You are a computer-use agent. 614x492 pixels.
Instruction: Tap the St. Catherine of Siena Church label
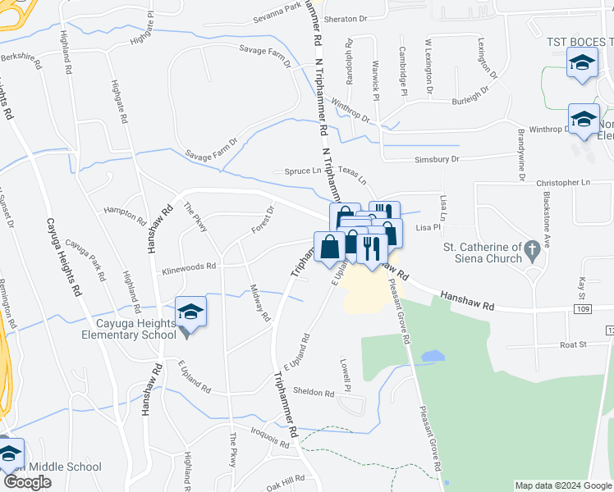(483, 253)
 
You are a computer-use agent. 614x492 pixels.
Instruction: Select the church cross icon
(533, 247)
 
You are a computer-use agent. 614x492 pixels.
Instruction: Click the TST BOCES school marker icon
(582, 63)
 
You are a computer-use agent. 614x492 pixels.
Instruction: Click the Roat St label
(574, 346)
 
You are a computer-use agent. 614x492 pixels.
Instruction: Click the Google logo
(27, 482)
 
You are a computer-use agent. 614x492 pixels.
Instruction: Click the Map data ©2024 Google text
(563, 485)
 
